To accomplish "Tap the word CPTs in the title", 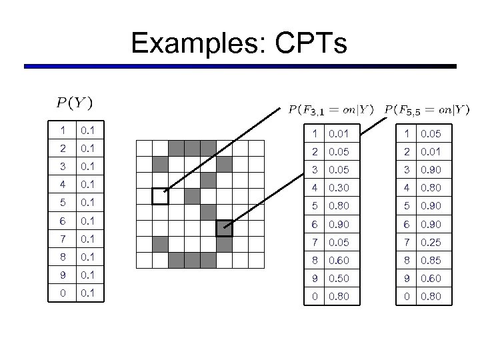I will click(x=311, y=43).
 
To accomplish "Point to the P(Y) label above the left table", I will click(x=74, y=103).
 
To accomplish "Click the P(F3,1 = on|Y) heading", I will click(x=331, y=109).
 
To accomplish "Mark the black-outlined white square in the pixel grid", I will click(x=160, y=196).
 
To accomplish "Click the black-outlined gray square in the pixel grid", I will click(x=224, y=229).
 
